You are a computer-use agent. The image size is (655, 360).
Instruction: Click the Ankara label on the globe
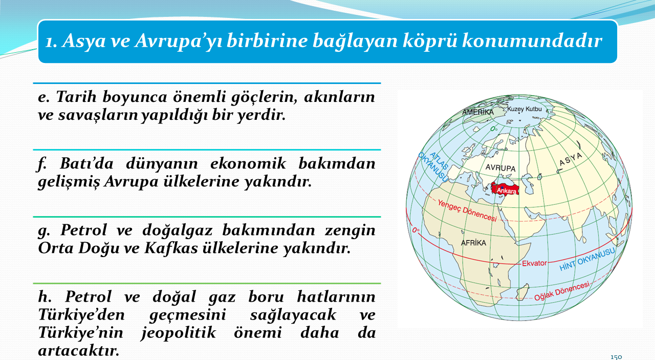(x=507, y=191)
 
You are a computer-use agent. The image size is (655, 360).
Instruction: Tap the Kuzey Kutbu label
(x=525, y=109)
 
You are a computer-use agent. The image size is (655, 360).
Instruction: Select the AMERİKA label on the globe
(x=478, y=112)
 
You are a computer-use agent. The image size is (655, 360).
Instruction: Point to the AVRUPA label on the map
(x=500, y=167)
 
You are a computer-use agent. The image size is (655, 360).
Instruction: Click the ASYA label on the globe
(x=571, y=159)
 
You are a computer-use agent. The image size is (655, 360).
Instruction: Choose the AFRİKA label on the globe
(x=473, y=243)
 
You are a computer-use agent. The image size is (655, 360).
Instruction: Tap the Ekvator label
(x=534, y=263)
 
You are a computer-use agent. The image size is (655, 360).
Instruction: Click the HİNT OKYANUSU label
(x=587, y=259)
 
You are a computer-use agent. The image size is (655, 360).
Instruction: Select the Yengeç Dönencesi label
(x=467, y=210)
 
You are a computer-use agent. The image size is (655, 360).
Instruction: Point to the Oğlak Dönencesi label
(x=562, y=291)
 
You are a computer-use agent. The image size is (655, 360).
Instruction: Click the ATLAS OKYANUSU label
(x=433, y=166)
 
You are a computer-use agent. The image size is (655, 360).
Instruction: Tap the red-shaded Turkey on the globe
(x=505, y=189)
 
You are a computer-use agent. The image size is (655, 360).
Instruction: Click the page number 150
(x=616, y=357)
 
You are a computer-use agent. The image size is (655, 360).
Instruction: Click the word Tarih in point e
(x=76, y=96)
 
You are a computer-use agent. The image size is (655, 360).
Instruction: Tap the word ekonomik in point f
(x=248, y=163)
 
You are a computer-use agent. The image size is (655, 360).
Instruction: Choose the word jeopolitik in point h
(x=179, y=333)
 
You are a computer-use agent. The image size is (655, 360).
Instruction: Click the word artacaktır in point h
(x=79, y=351)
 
